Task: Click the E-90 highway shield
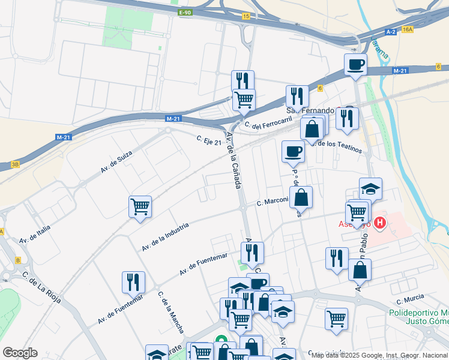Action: click(x=184, y=13)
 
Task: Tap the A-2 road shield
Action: click(x=391, y=31)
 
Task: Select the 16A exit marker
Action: click(x=408, y=29)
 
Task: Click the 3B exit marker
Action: click(x=16, y=164)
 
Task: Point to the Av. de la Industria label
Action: click(x=166, y=236)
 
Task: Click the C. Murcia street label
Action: click(x=410, y=298)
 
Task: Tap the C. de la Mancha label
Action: click(x=170, y=313)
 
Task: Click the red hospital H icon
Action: click(x=379, y=224)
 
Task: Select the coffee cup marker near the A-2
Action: click(x=355, y=64)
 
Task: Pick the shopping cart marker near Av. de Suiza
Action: click(x=140, y=207)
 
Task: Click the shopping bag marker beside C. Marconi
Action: click(x=301, y=197)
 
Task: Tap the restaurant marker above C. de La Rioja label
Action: click(x=133, y=282)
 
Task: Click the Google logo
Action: click(x=20, y=353)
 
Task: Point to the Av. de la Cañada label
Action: click(x=234, y=160)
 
